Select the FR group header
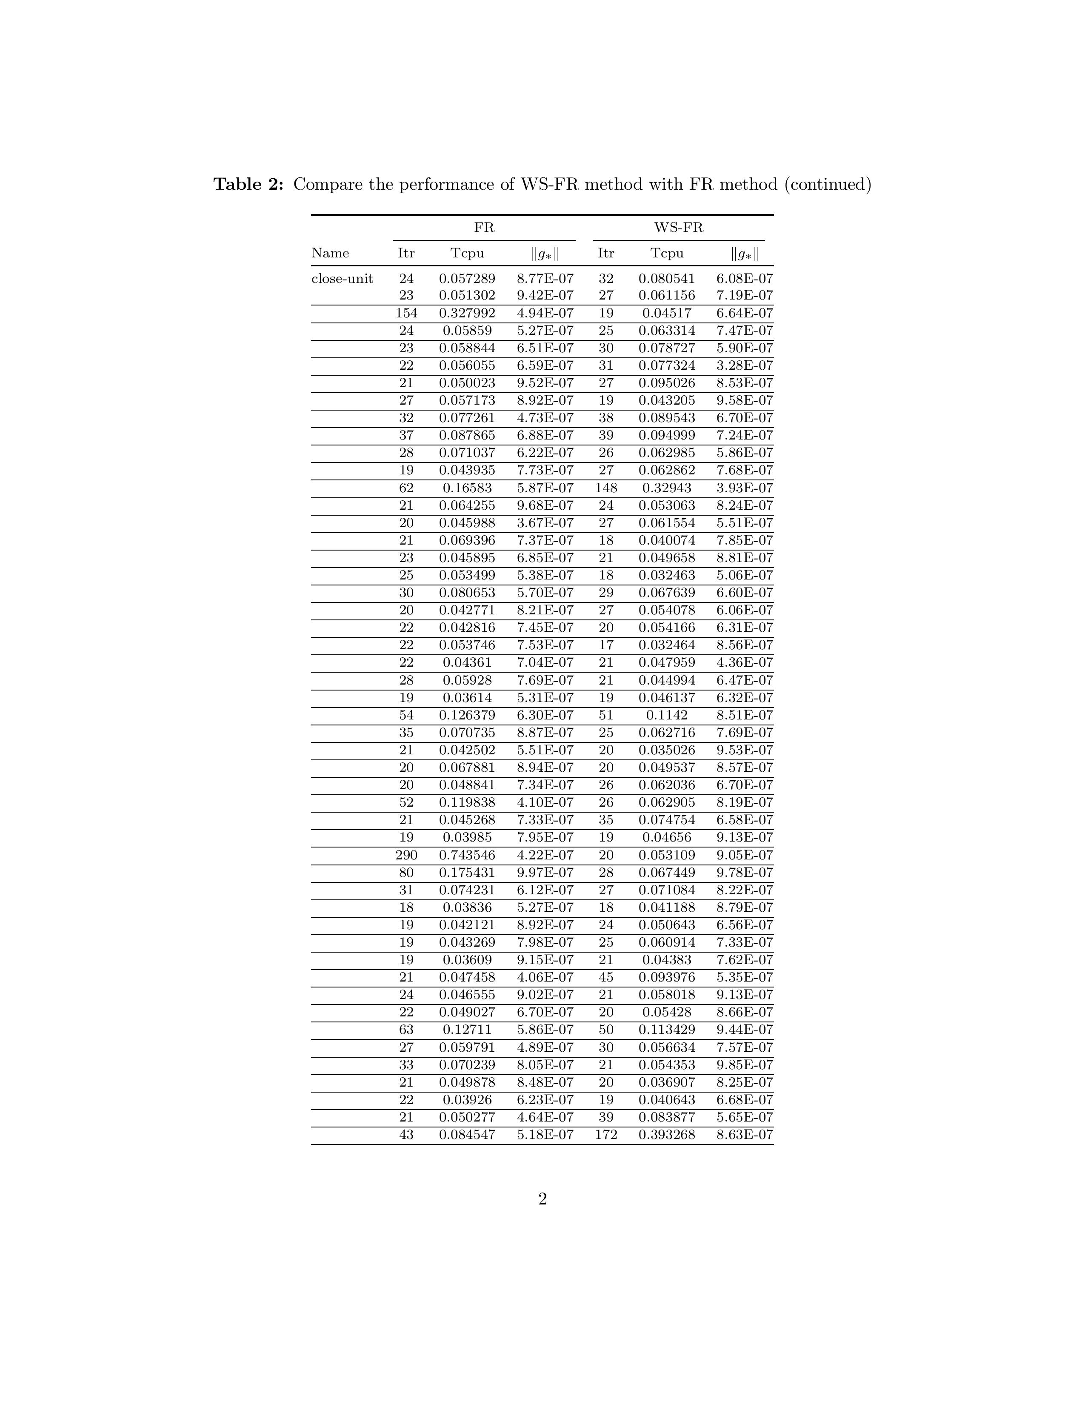point(484,228)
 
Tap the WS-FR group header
point(679,228)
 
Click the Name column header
point(330,253)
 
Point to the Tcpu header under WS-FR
point(667,253)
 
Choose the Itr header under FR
point(406,253)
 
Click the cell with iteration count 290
point(406,855)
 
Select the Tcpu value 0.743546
point(467,855)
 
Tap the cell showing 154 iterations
point(406,313)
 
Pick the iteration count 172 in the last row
point(606,1135)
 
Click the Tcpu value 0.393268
point(667,1135)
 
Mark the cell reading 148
point(606,488)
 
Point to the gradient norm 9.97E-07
point(545,872)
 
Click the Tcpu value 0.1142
point(667,715)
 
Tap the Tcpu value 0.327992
point(467,313)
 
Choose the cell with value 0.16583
point(467,488)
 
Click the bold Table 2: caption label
point(248,185)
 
